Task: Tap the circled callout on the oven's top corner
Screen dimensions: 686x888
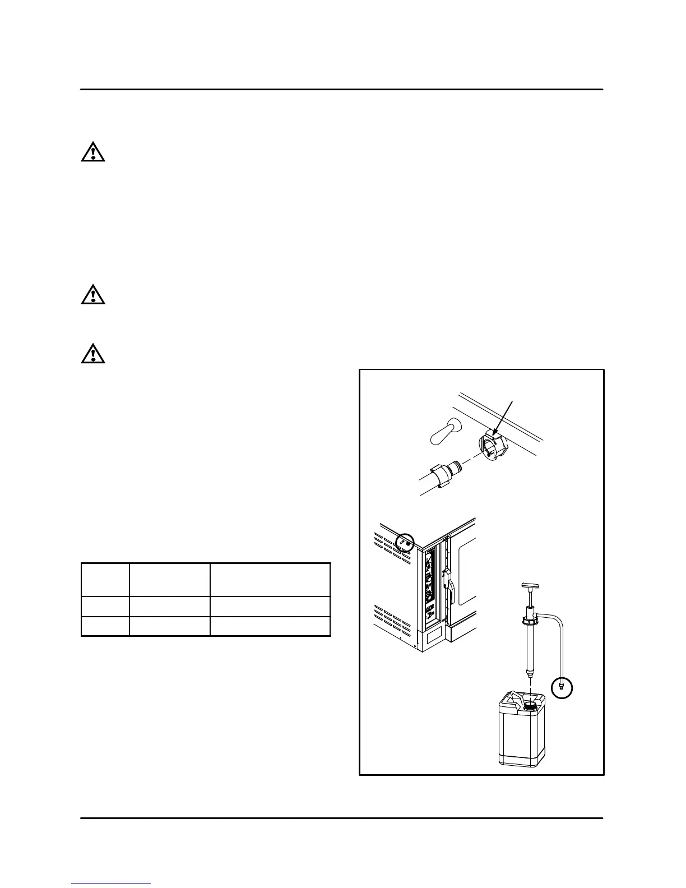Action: coord(404,543)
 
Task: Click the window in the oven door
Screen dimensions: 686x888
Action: coord(467,571)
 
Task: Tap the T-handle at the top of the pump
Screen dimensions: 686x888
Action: coord(529,587)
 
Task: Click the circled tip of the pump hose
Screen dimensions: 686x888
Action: coord(562,687)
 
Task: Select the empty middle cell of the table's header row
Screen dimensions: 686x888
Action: coord(170,580)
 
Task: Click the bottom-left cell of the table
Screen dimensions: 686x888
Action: coord(105,626)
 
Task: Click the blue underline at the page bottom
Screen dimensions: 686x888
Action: coord(111,884)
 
